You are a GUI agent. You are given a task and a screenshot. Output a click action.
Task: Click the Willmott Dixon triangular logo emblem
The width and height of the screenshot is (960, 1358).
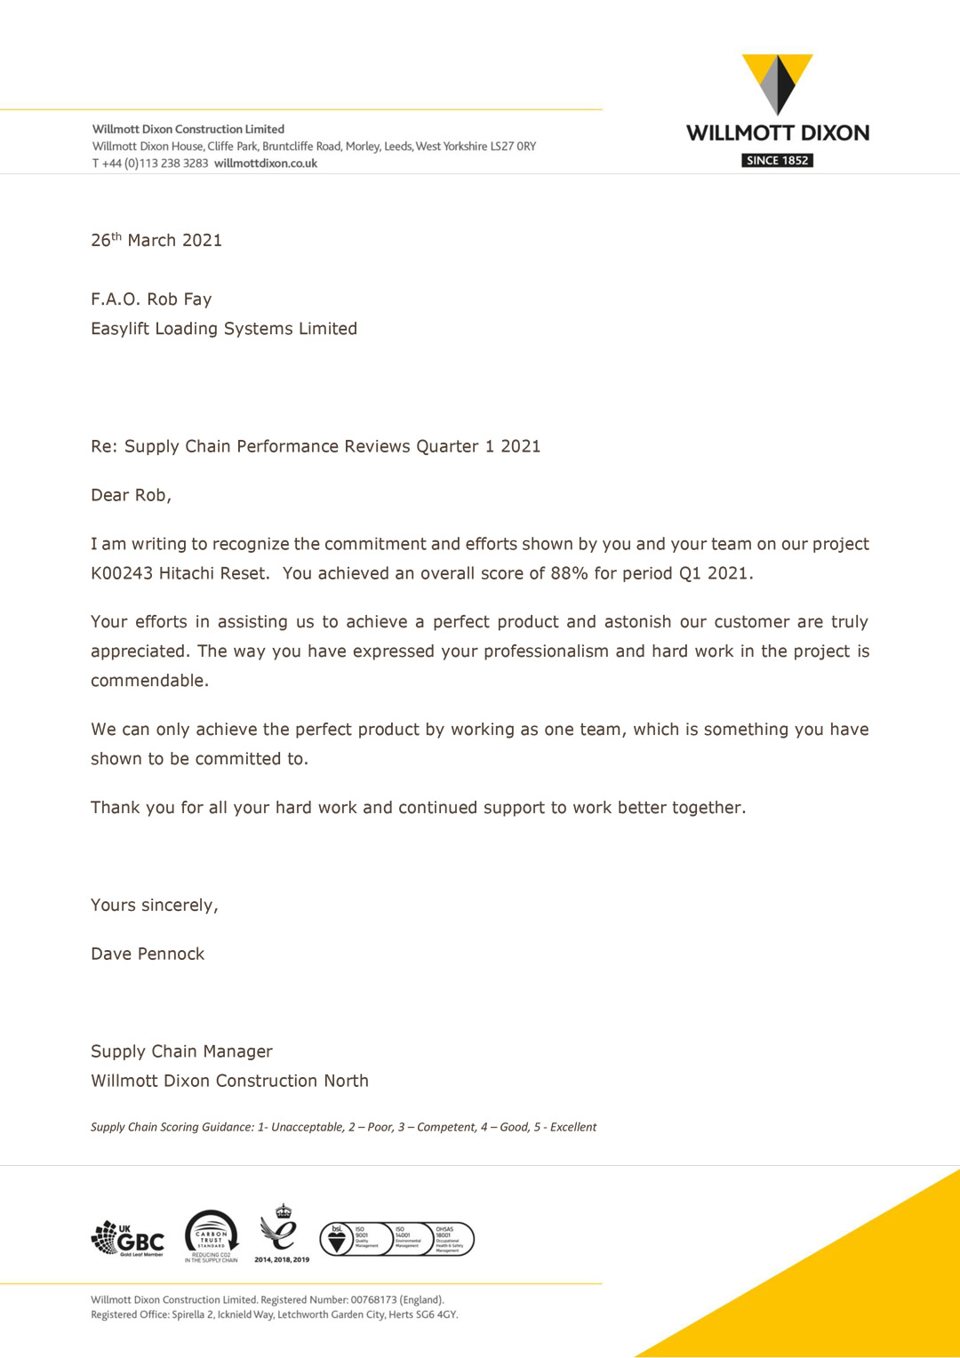(x=777, y=84)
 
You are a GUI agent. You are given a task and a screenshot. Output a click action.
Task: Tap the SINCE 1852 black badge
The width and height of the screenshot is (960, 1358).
(x=777, y=161)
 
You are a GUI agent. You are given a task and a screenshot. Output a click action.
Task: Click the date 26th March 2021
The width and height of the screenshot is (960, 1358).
(x=156, y=240)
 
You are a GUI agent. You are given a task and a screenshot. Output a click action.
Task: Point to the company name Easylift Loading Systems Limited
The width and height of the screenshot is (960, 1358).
(x=224, y=329)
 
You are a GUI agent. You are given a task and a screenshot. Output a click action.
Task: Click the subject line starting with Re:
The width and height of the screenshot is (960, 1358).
(x=316, y=446)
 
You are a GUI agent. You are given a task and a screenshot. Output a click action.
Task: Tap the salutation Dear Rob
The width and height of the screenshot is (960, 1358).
(x=131, y=495)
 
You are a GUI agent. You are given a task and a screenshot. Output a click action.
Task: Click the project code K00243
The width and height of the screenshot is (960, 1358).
(x=122, y=573)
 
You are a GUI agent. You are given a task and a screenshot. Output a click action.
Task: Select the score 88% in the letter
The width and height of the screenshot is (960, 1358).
(x=569, y=573)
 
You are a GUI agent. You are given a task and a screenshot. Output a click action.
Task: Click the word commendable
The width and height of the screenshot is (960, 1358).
(x=149, y=681)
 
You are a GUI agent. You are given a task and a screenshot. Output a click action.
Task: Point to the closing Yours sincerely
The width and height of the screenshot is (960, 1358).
(x=154, y=906)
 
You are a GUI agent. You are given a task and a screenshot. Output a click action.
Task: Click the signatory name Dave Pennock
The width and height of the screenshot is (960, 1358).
(x=148, y=955)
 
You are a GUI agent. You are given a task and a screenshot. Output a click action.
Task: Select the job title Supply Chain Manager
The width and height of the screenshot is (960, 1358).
(x=181, y=1051)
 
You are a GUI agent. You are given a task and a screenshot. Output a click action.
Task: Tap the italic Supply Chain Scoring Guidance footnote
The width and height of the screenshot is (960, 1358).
(x=343, y=1127)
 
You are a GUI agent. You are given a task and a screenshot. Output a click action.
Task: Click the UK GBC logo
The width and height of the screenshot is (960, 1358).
(x=128, y=1238)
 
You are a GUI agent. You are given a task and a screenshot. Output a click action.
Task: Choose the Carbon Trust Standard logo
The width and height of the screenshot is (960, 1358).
(x=212, y=1235)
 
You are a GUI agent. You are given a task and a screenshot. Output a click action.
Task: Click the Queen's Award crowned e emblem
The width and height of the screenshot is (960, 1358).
(x=282, y=1231)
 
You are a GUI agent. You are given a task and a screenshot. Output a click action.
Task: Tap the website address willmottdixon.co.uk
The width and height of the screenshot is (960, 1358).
(x=266, y=164)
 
